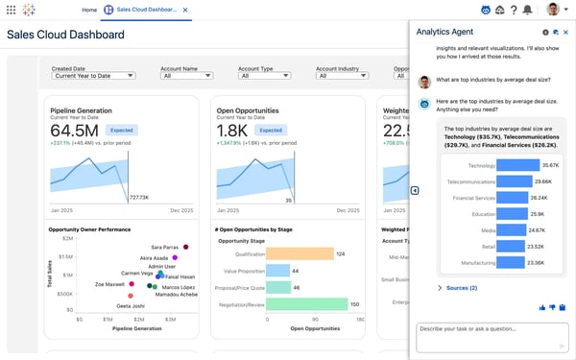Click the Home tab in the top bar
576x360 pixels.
click(x=89, y=10)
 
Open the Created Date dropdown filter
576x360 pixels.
click(x=92, y=76)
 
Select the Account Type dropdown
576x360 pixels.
click(x=264, y=76)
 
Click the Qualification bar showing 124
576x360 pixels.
click(x=299, y=253)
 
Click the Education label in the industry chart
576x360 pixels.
click(x=483, y=214)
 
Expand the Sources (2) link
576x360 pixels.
click(x=461, y=287)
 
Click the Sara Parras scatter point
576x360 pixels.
click(x=186, y=247)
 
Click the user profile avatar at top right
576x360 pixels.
click(x=553, y=10)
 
